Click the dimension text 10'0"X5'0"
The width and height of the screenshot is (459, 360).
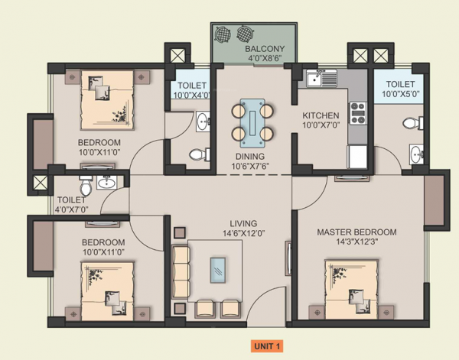[x=400, y=96]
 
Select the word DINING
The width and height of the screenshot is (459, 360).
[x=251, y=155]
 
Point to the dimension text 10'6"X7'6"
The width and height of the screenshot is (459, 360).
[x=251, y=166]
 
